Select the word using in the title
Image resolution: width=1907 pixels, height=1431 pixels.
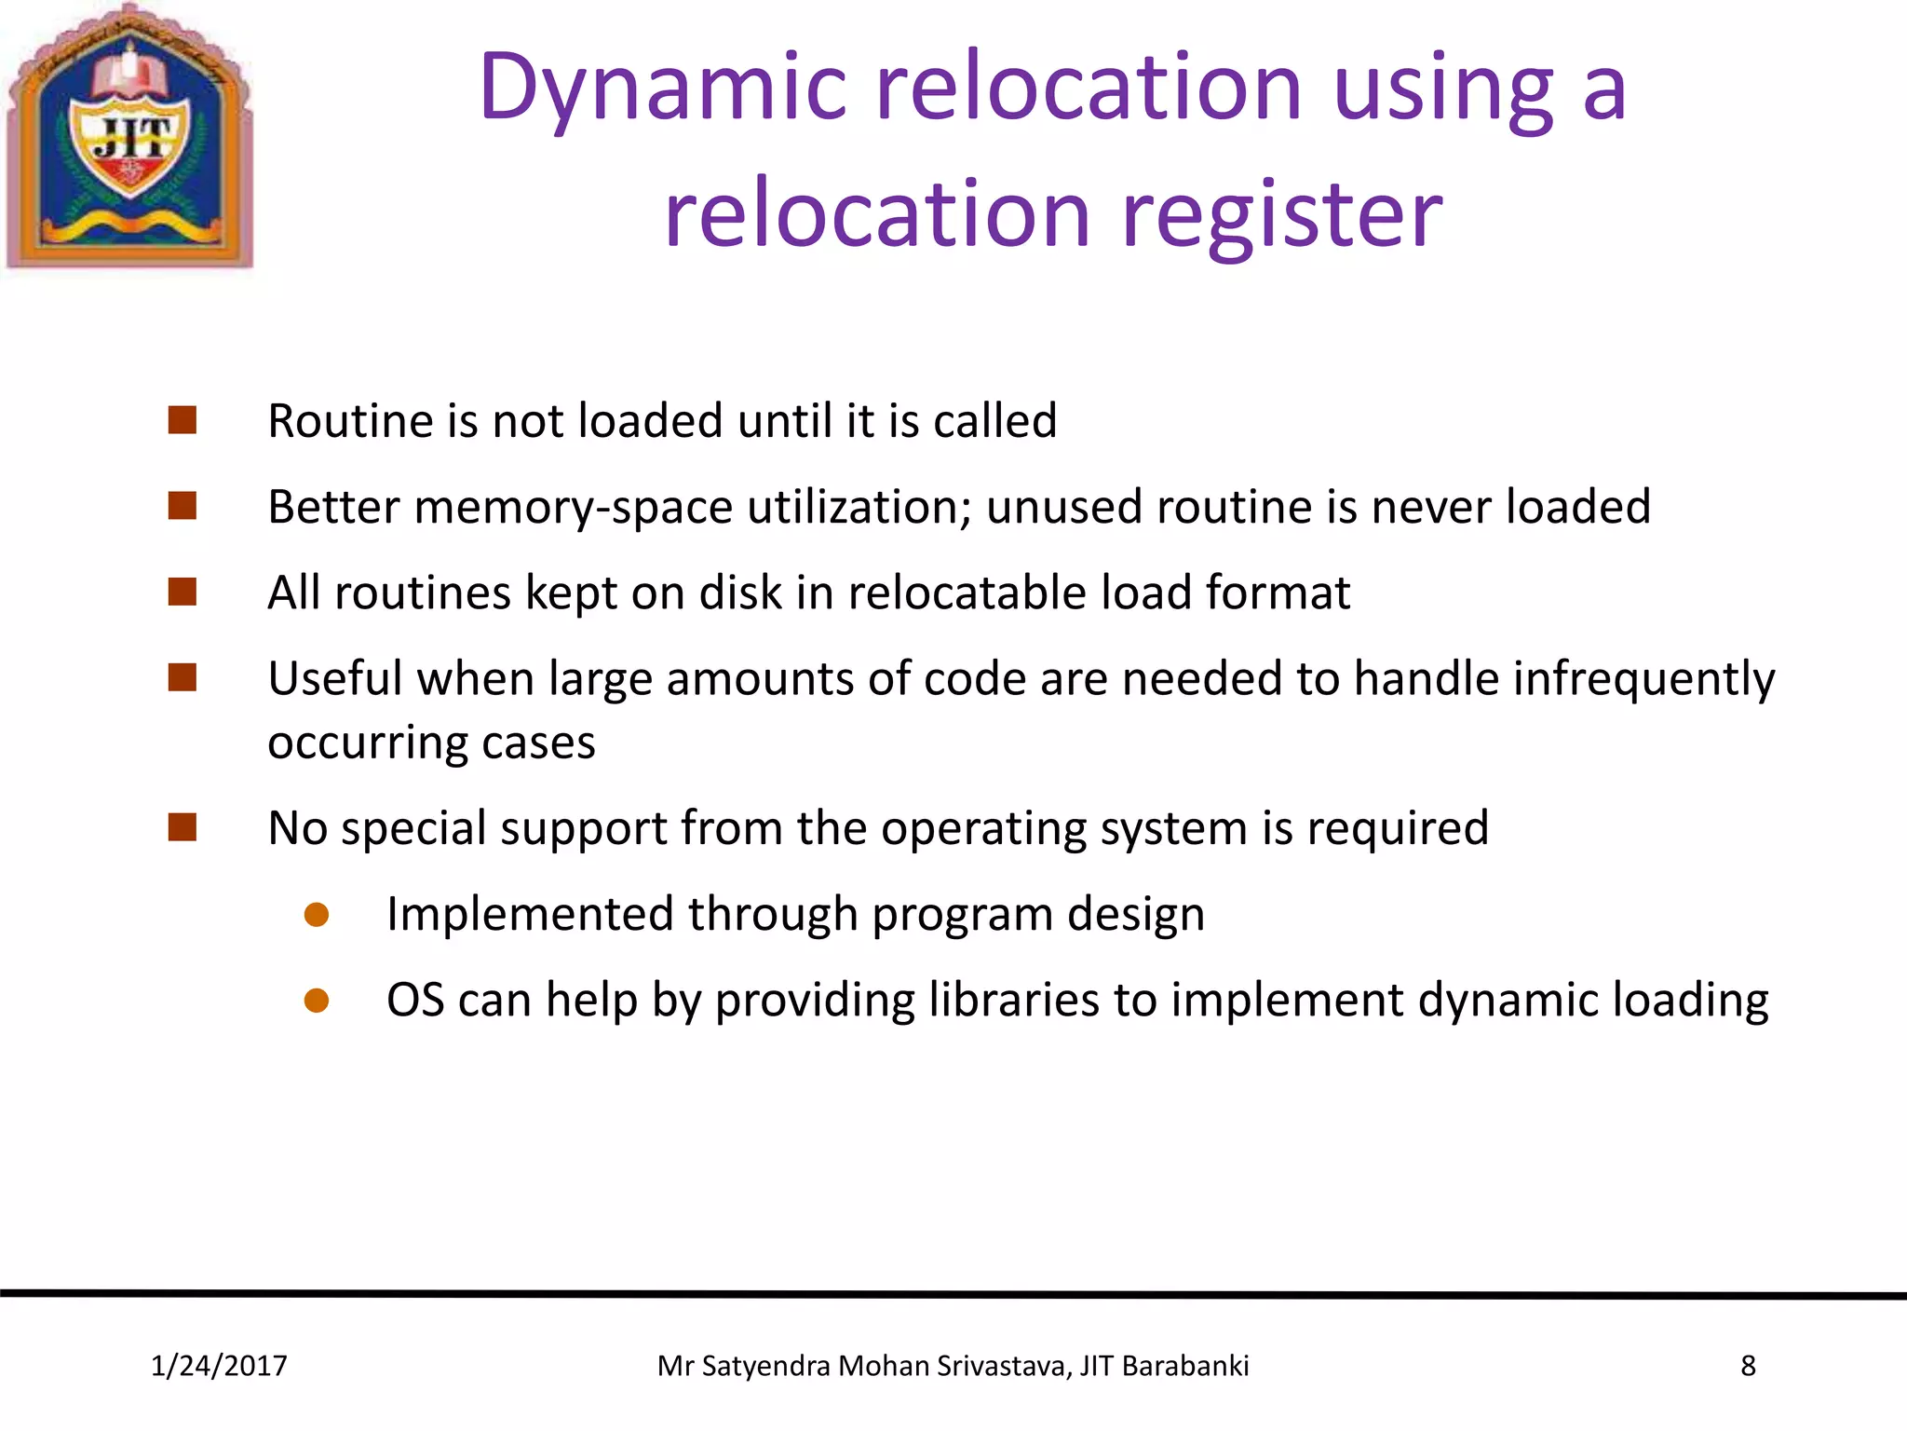[1443, 89]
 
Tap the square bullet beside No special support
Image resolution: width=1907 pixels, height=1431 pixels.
[183, 827]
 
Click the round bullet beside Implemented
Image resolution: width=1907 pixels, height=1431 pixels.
[317, 915]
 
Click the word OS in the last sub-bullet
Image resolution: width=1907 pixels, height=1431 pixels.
[415, 1001]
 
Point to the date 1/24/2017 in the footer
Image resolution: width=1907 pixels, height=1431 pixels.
[219, 1366]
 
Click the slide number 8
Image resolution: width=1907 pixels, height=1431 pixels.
[1748, 1366]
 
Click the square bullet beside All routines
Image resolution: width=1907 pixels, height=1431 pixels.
[183, 593]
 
